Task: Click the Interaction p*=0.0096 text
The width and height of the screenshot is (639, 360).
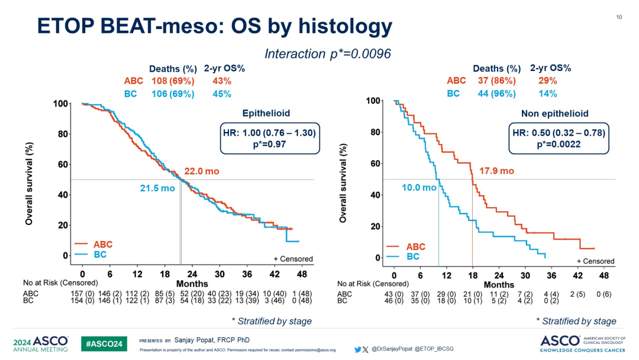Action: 327,53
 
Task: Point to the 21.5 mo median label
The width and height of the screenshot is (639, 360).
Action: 157,188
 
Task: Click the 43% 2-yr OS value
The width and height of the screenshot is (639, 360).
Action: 222,81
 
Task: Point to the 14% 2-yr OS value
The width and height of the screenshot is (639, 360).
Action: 547,94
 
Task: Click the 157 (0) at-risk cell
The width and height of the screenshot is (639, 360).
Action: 83,293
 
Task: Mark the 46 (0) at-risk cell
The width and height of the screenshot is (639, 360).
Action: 393,301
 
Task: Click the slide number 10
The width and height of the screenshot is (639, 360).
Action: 619,17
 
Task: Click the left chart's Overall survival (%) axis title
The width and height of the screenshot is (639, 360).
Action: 28,182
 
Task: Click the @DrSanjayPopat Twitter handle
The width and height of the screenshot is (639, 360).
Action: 391,349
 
